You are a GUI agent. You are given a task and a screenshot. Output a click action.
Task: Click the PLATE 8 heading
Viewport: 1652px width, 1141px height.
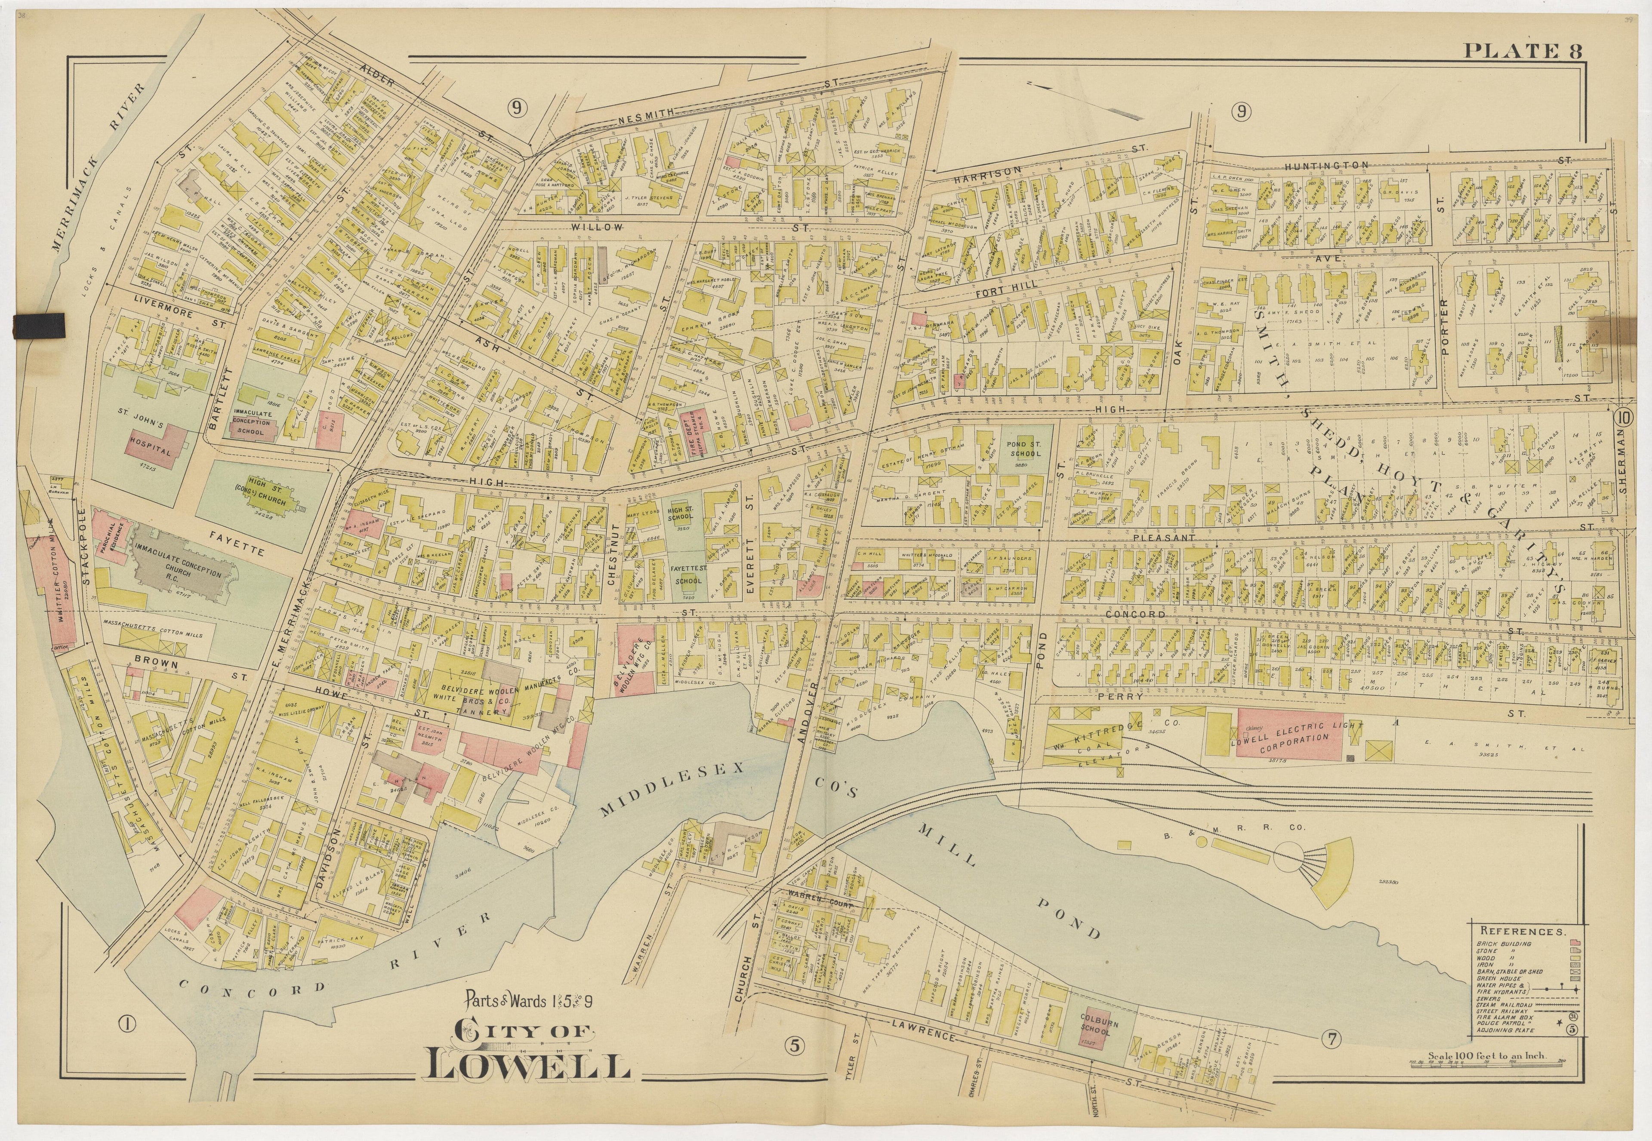click(x=1522, y=51)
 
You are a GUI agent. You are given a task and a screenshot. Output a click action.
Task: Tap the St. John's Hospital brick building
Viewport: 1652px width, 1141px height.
click(x=152, y=448)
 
